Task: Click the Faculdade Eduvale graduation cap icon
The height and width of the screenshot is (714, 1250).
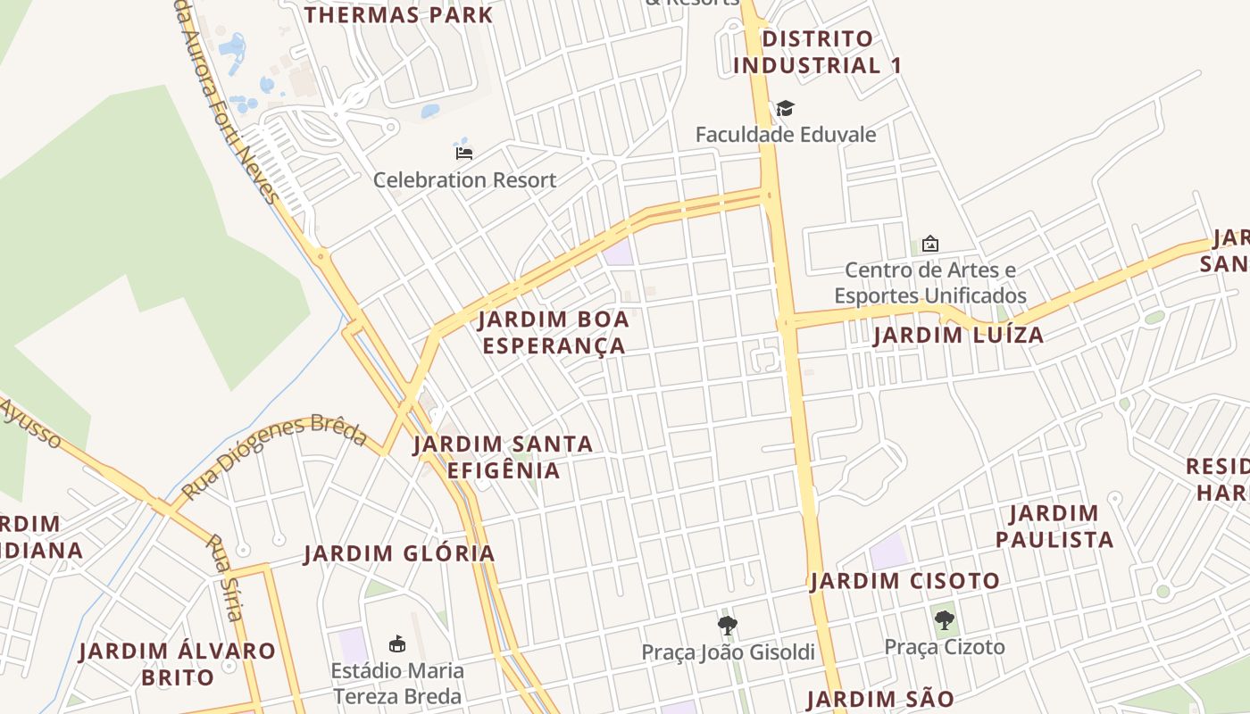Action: [785, 109]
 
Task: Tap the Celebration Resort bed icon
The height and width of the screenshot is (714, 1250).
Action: [464, 153]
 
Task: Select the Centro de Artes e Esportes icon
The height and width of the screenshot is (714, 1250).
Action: [929, 244]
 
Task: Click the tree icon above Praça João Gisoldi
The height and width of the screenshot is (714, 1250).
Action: [728, 626]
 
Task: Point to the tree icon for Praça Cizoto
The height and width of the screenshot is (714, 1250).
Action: [944, 620]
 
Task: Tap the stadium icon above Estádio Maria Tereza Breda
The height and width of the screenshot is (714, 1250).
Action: [397, 643]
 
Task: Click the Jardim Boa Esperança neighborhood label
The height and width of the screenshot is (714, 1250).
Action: [554, 333]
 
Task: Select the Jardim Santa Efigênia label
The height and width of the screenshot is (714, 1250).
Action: [504, 457]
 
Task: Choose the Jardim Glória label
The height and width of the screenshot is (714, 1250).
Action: [399, 553]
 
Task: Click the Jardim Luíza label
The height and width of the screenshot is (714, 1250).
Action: [958, 336]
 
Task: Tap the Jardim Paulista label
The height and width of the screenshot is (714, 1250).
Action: [1054, 527]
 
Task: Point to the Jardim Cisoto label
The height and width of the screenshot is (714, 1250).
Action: [905, 581]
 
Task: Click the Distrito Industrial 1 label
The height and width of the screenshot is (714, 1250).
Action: [817, 52]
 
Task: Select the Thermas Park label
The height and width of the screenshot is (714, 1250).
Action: [398, 15]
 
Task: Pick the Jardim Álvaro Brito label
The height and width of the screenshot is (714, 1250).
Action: [178, 663]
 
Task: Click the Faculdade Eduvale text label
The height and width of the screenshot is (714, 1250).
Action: [786, 135]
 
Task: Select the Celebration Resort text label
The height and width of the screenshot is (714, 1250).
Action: [464, 179]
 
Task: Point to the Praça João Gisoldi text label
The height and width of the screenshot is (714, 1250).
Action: [729, 652]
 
